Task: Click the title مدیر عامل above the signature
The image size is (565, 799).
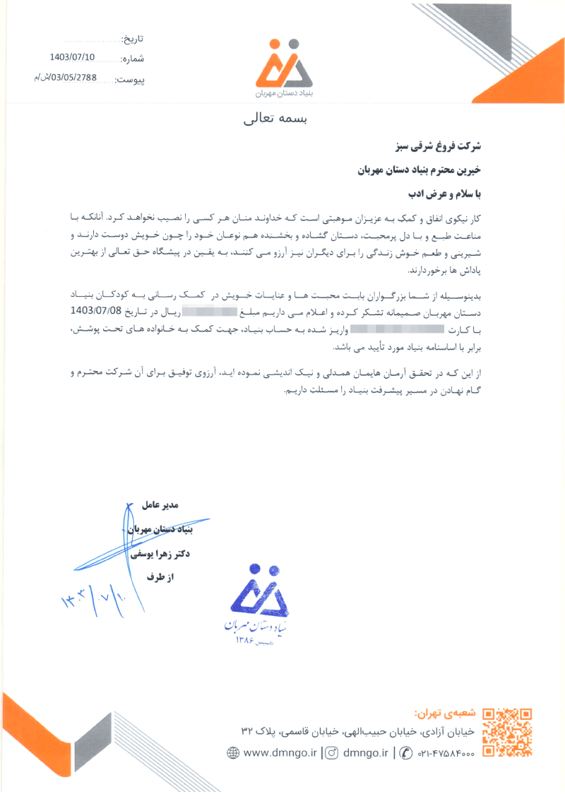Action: [x=162, y=505]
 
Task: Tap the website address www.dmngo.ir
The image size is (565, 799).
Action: [x=279, y=753]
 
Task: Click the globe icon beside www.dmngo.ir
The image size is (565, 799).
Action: [x=233, y=753]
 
